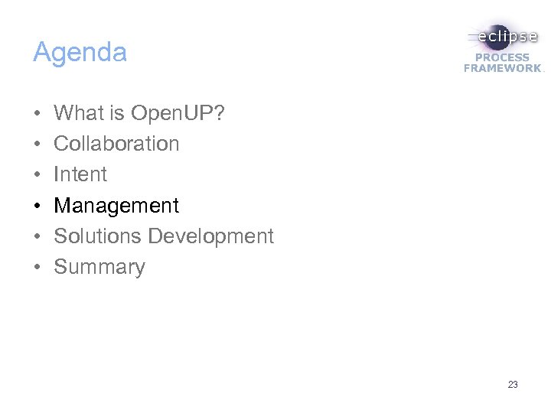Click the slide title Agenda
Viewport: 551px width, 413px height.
(80, 53)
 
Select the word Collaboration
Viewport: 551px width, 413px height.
(116, 144)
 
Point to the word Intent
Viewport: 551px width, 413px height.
(80, 174)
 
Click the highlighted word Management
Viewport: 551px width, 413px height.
(116, 206)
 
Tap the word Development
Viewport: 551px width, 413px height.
(210, 236)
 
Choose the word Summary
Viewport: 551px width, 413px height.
(99, 267)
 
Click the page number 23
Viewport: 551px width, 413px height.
(513, 385)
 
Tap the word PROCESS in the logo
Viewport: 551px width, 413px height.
(503, 57)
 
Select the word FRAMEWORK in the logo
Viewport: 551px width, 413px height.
(502, 68)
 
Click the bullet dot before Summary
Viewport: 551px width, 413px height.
(37, 268)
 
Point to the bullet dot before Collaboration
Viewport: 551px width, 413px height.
(37, 145)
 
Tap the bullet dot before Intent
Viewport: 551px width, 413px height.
(37, 175)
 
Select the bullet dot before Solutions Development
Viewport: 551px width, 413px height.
(37, 237)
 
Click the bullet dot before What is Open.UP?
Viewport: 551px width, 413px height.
(37, 114)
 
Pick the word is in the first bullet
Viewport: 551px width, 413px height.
(116, 113)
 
